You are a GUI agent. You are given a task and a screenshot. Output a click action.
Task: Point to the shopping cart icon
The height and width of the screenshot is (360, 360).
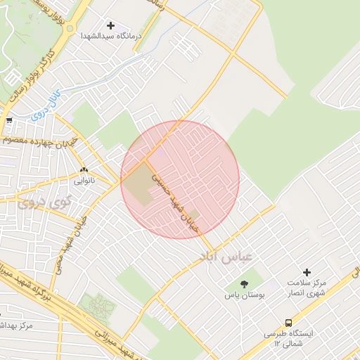[x=8, y=121]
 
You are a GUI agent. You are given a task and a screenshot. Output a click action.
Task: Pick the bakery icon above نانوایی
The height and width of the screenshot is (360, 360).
[x=84, y=169]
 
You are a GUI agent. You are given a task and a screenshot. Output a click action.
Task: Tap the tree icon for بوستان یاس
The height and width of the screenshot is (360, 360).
[x=244, y=284]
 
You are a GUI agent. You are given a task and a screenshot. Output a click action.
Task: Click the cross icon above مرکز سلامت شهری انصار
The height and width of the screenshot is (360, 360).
[x=306, y=272]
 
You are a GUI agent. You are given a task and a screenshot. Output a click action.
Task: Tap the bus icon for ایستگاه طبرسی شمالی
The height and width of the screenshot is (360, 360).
[x=289, y=323]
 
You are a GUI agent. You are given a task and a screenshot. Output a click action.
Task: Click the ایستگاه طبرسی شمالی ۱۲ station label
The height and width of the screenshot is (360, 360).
[x=289, y=339]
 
